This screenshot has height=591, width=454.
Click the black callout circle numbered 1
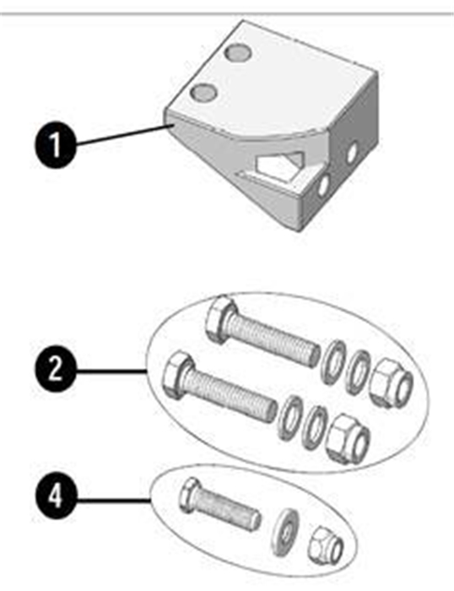(x=55, y=144)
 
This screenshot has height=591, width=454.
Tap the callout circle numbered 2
(x=55, y=370)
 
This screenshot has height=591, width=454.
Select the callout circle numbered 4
(x=55, y=496)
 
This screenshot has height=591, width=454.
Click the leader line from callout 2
(x=111, y=372)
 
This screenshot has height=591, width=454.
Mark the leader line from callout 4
(x=113, y=500)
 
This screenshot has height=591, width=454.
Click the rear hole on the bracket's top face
(x=238, y=52)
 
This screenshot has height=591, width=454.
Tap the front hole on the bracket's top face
(x=204, y=91)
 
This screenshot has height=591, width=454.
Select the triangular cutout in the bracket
(x=279, y=165)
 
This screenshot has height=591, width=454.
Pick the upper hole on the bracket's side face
(x=352, y=154)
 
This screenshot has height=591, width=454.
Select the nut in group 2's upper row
(x=391, y=383)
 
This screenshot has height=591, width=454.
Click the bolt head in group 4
(x=189, y=496)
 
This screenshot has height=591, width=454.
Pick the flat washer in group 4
(x=284, y=532)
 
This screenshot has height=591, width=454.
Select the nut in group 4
(x=325, y=545)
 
